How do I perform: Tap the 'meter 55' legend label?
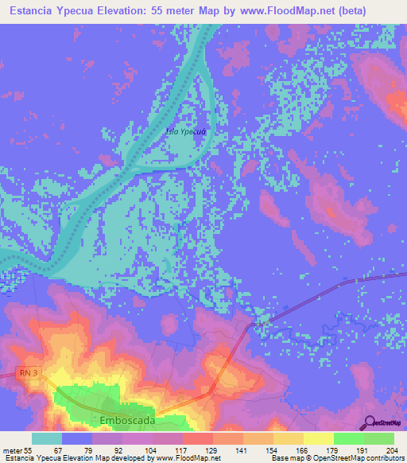(x=17, y=450)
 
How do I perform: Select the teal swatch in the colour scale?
(x=47, y=438)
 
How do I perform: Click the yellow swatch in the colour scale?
(x=318, y=438)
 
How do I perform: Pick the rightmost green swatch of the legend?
(x=378, y=438)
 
